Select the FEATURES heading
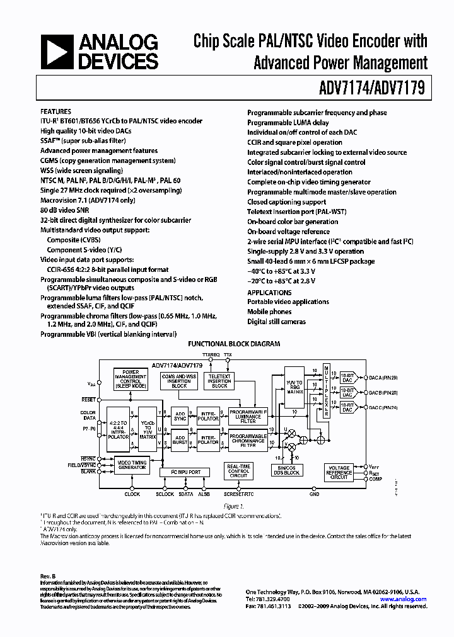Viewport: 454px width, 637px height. point(55,111)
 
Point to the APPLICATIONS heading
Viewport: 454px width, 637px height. point(269,292)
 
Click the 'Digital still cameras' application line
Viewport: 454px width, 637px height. point(276,322)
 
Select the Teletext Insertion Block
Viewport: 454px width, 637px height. point(219,381)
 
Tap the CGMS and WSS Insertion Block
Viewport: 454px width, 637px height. point(178,381)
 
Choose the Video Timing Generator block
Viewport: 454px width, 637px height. point(132,466)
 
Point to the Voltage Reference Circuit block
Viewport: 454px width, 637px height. point(339,472)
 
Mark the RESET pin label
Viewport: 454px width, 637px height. point(88,399)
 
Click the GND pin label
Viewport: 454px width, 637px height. point(314,494)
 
